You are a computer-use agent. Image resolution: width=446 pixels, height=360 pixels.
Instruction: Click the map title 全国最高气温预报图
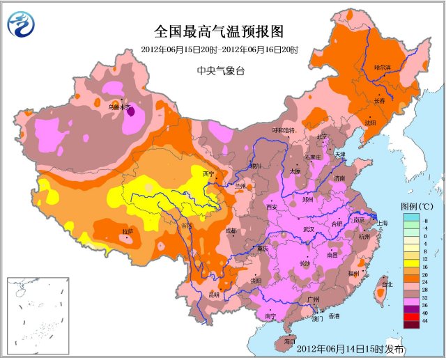point(219,31)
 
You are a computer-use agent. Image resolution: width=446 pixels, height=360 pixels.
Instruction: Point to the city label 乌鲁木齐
point(119,107)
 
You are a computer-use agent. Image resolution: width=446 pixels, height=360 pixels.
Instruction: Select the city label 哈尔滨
point(383,68)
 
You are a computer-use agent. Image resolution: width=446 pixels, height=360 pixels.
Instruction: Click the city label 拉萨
point(128,230)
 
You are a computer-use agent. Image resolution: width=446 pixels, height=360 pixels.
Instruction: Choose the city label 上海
point(388,223)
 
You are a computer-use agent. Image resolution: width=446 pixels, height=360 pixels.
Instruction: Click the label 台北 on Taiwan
point(387,284)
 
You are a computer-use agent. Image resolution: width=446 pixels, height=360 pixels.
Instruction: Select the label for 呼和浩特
point(284,130)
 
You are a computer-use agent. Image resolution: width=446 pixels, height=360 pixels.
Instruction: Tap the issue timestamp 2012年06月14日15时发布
point(351,348)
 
